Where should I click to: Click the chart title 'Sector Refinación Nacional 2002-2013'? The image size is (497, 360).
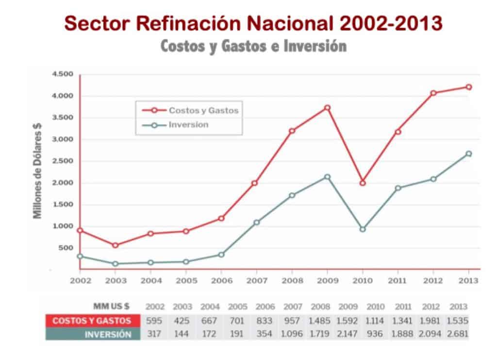click(x=253, y=23)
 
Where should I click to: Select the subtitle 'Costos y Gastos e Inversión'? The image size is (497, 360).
click(x=253, y=47)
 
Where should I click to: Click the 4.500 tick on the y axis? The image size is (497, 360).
click(x=63, y=74)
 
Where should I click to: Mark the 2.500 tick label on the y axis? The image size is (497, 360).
click(x=63, y=161)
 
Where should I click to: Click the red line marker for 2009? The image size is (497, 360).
click(x=327, y=108)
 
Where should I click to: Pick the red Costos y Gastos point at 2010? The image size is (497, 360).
click(x=362, y=183)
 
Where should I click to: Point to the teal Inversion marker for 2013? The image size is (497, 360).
click(x=468, y=154)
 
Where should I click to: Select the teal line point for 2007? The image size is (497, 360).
click(x=256, y=223)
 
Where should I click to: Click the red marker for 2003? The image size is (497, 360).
click(x=115, y=245)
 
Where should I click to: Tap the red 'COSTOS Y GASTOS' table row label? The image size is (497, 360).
click(x=92, y=320)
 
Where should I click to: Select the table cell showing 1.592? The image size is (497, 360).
click(x=348, y=321)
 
